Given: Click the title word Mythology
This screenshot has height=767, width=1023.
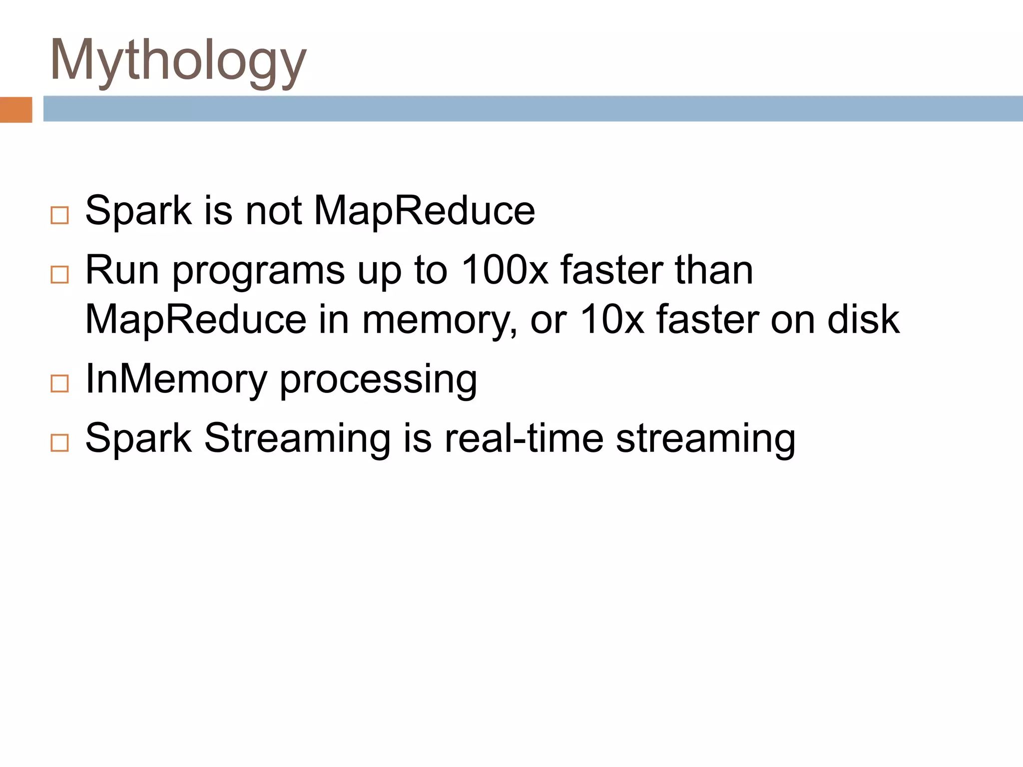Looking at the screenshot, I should coord(178,61).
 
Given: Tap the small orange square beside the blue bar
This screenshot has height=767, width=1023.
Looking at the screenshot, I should coord(16,109).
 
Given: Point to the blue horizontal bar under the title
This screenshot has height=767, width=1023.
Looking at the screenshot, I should coord(532,109).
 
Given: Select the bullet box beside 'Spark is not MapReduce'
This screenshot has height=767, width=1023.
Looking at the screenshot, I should coord(59,215).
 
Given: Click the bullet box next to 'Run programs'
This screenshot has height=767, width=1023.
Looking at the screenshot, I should coord(59,274).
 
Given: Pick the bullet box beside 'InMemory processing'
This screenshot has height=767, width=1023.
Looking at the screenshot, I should coord(59,383).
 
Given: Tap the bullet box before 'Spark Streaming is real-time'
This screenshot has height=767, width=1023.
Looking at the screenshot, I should coord(59,442).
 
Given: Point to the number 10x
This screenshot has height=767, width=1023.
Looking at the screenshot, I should coord(612,319).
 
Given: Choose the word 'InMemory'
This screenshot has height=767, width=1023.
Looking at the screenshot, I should coord(176,379).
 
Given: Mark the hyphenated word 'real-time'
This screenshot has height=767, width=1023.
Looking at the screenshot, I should coord(524,438).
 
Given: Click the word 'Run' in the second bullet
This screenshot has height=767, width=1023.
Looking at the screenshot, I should coord(122,270).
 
